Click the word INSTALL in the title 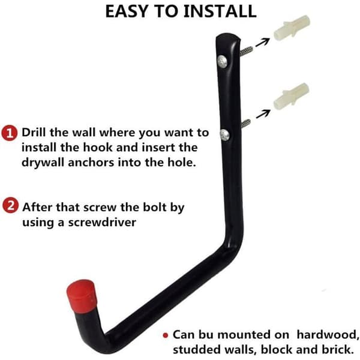220,11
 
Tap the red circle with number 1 9,133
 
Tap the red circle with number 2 10,205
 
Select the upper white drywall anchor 292,28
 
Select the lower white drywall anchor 291,96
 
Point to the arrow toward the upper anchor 262,43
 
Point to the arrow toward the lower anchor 263,114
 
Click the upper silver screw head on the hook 222,61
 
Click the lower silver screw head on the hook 225,135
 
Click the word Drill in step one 33,133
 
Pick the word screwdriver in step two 102,222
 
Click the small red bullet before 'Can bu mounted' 166,335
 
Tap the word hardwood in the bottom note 328,335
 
